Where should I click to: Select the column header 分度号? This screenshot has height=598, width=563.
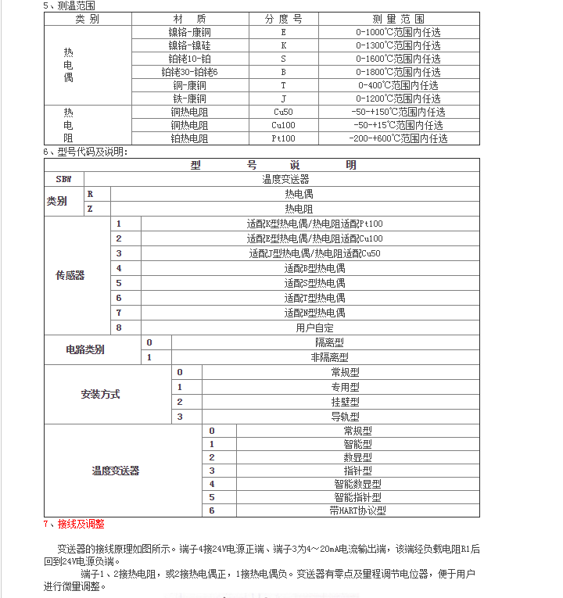(x=283, y=19)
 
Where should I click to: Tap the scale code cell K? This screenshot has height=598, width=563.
(x=283, y=45)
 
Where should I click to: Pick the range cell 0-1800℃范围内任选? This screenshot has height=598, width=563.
(x=398, y=72)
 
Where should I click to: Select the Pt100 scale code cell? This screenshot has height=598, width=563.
(x=283, y=138)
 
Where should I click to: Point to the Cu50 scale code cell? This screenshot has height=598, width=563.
(x=283, y=112)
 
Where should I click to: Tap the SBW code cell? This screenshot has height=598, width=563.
(x=63, y=179)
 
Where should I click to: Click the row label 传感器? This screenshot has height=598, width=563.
(x=70, y=275)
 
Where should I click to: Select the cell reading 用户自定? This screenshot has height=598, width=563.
(x=314, y=328)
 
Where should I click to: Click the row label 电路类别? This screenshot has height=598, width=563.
(x=85, y=350)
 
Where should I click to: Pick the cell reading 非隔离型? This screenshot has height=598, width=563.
(x=329, y=357)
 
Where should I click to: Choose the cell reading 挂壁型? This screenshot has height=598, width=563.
(x=345, y=402)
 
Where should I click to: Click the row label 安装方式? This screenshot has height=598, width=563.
(x=101, y=395)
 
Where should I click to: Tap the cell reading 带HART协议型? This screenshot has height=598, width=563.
(x=357, y=510)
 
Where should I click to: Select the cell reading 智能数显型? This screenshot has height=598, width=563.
(x=357, y=484)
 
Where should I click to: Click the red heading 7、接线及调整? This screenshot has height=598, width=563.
(x=74, y=524)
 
